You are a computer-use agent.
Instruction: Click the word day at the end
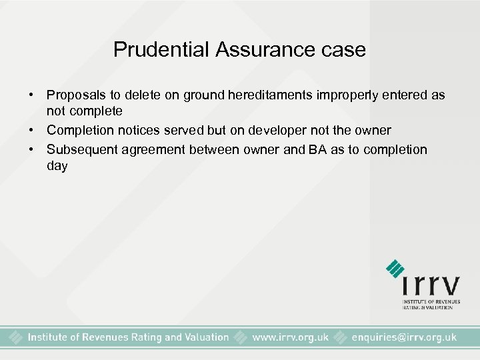point(57,166)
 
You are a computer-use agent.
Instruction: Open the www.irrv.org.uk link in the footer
point(290,337)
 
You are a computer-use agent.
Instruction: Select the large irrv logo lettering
point(431,286)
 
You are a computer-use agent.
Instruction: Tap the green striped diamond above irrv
point(395,268)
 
